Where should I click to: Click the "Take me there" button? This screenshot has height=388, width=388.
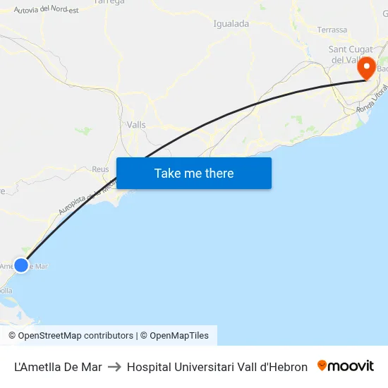click(x=194, y=173)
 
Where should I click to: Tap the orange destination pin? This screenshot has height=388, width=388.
click(x=367, y=68)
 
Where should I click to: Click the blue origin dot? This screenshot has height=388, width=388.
click(x=21, y=265)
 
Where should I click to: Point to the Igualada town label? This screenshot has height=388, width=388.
click(x=231, y=24)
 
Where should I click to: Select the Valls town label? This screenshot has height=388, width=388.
click(x=136, y=125)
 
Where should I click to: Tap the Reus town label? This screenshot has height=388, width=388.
click(x=100, y=169)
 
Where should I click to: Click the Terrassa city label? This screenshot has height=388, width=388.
click(x=332, y=30)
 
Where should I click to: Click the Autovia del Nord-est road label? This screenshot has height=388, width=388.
click(x=47, y=9)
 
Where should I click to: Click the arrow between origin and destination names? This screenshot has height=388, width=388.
click(x=114, y=367)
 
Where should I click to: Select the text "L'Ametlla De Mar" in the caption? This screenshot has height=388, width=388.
click(x=58, y=367)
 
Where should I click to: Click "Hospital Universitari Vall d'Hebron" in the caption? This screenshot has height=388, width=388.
click(x=217, y=367)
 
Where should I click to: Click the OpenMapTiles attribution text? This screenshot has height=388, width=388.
click(x=178, y=336)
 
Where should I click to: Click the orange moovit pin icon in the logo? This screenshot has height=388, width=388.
click(x=322, y=365)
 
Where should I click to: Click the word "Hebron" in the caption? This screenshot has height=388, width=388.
click(x=290, y=367)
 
